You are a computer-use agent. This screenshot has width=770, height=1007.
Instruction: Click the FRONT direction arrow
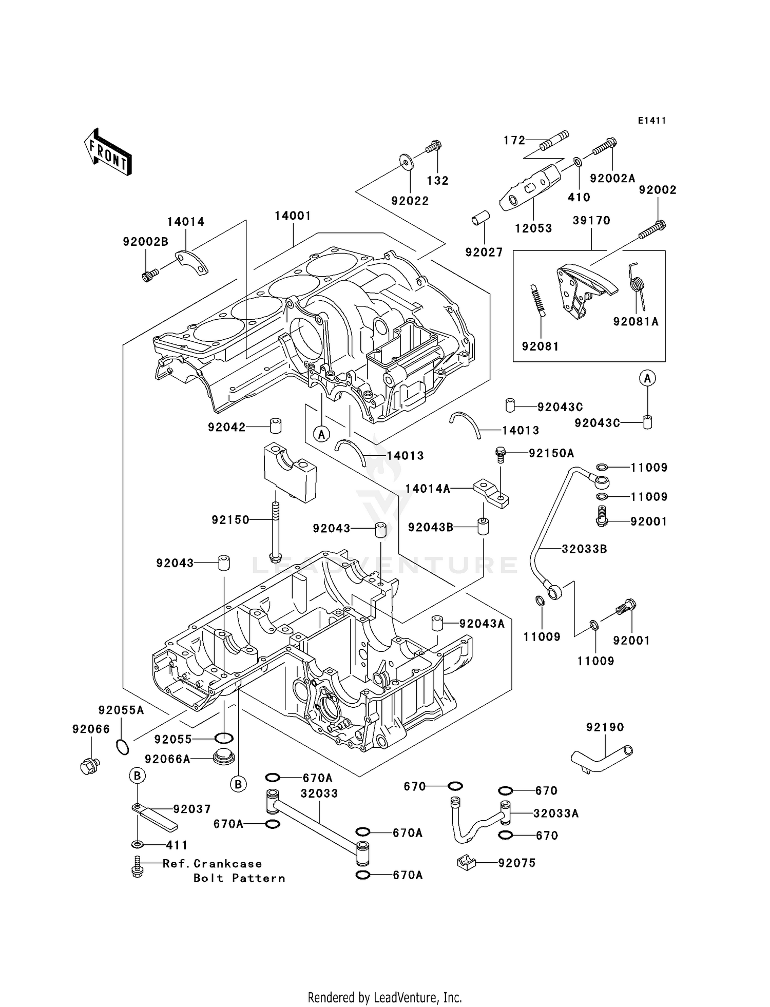tap(108, 152)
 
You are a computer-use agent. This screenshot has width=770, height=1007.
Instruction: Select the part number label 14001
tap(293, 216)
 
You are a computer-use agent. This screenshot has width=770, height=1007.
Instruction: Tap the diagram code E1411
tap(652, 121)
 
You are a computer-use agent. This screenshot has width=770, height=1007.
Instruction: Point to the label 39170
tap(591, 221)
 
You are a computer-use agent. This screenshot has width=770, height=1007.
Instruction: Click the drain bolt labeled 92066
tap(90, 766)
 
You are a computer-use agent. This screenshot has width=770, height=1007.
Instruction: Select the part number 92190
tap(605, 727)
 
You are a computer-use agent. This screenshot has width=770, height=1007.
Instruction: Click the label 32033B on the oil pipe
tap(584, 549)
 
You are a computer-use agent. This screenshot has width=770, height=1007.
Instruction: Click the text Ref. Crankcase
tap(212, 864)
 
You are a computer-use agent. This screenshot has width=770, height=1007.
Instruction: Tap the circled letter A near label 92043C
tap(647, 379)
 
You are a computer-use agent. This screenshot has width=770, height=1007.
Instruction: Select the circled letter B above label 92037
tap(137, 776)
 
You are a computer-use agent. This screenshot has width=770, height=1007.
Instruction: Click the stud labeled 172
tap(554, 141)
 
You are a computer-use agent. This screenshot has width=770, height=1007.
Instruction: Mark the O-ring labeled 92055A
tap(122, 747)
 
